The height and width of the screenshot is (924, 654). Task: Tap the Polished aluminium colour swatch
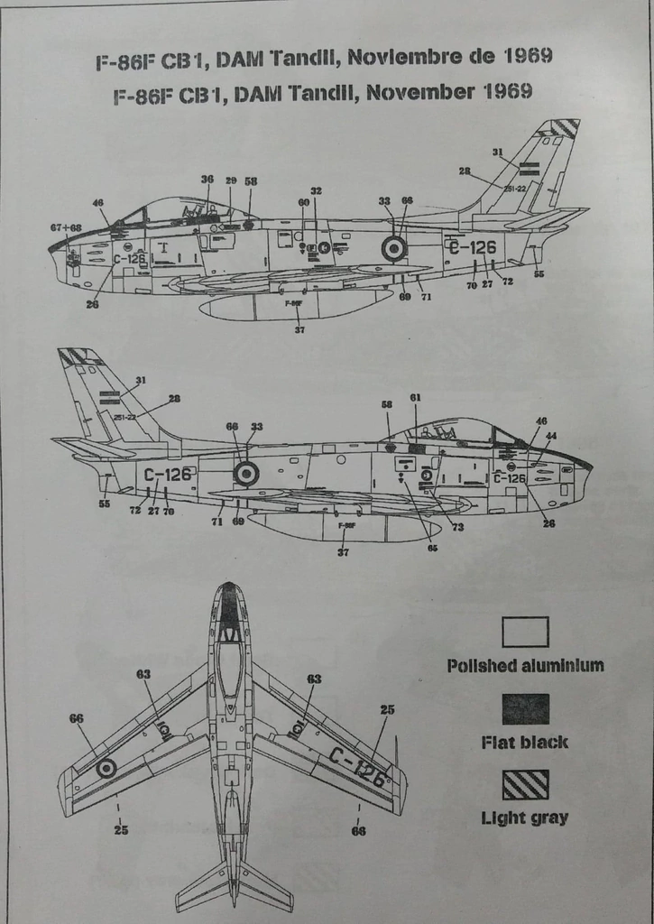tap(525, 632)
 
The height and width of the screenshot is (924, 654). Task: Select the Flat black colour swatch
tap(525, 708)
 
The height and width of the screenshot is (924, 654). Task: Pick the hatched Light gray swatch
tap(525, 784)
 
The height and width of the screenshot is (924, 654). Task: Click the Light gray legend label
tap(524, 818)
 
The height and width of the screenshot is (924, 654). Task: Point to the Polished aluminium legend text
tap(525, 666)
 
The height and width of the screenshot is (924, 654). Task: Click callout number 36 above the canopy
tap(207, 180)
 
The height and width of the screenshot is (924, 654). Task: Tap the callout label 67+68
tap(66, 227)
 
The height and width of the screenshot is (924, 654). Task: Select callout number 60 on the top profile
tap(304, 202)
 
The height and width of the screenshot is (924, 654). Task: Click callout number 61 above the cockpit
tap(415, 398)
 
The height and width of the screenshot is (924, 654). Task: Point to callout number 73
tap(457, 526)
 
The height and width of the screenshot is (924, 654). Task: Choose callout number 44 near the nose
tap(551, 436)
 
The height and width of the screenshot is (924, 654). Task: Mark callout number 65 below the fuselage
tap(432, 547)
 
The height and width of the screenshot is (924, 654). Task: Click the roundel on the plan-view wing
tap(106, 768)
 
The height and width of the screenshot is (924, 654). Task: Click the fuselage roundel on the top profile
tap(394, 248)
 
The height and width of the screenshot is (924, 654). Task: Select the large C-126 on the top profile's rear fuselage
tap(472, 245)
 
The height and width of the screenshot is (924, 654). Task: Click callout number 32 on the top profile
tap(316, 191)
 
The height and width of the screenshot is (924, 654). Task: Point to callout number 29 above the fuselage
tap(231, 180)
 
